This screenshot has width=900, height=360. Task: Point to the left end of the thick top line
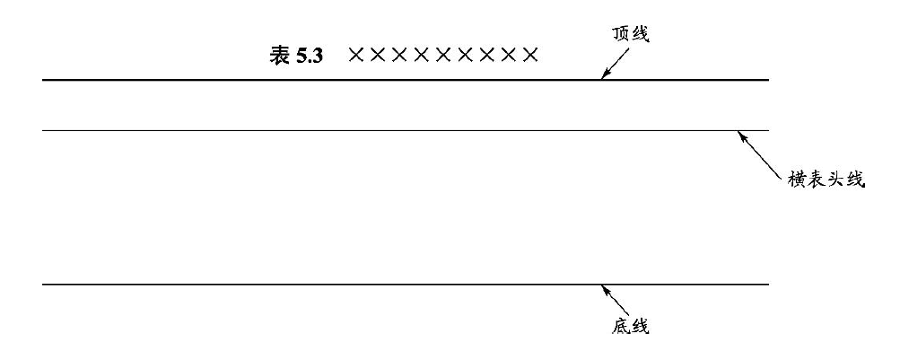pos(44,81)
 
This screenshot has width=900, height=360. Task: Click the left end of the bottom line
pos(44,285)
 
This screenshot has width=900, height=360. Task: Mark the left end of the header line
pos(44,130)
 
